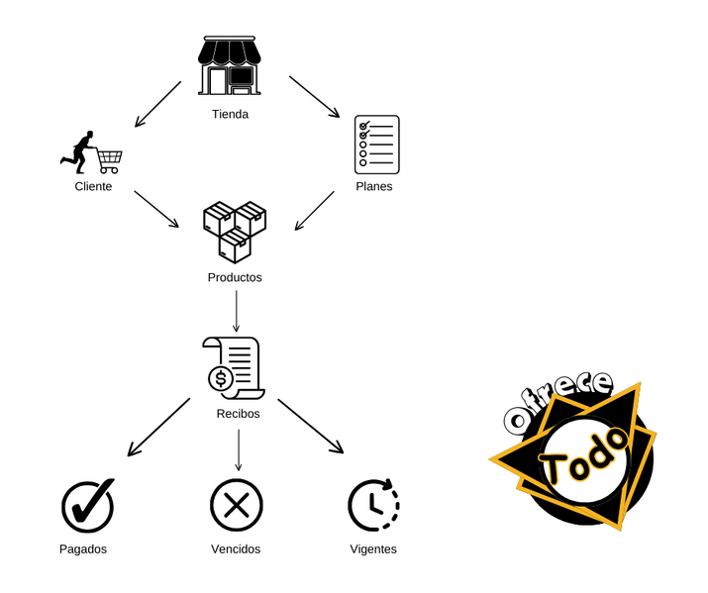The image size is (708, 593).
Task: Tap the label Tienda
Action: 230,114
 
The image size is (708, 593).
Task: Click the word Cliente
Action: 93,186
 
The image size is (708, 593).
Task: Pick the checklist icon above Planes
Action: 376,145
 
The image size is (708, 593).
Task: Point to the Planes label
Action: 373,186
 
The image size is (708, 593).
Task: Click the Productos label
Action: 235,277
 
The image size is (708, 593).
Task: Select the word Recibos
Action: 238,413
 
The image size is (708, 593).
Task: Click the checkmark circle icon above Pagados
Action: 88,504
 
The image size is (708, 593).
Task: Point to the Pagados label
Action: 83,548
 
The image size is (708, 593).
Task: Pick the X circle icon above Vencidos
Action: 236,505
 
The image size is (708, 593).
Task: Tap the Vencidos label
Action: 236,548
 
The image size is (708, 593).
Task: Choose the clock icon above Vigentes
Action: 373,504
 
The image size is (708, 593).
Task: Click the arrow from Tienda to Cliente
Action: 158,104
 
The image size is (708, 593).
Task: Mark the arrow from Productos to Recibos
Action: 236,314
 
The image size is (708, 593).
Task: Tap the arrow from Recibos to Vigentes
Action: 310,426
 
